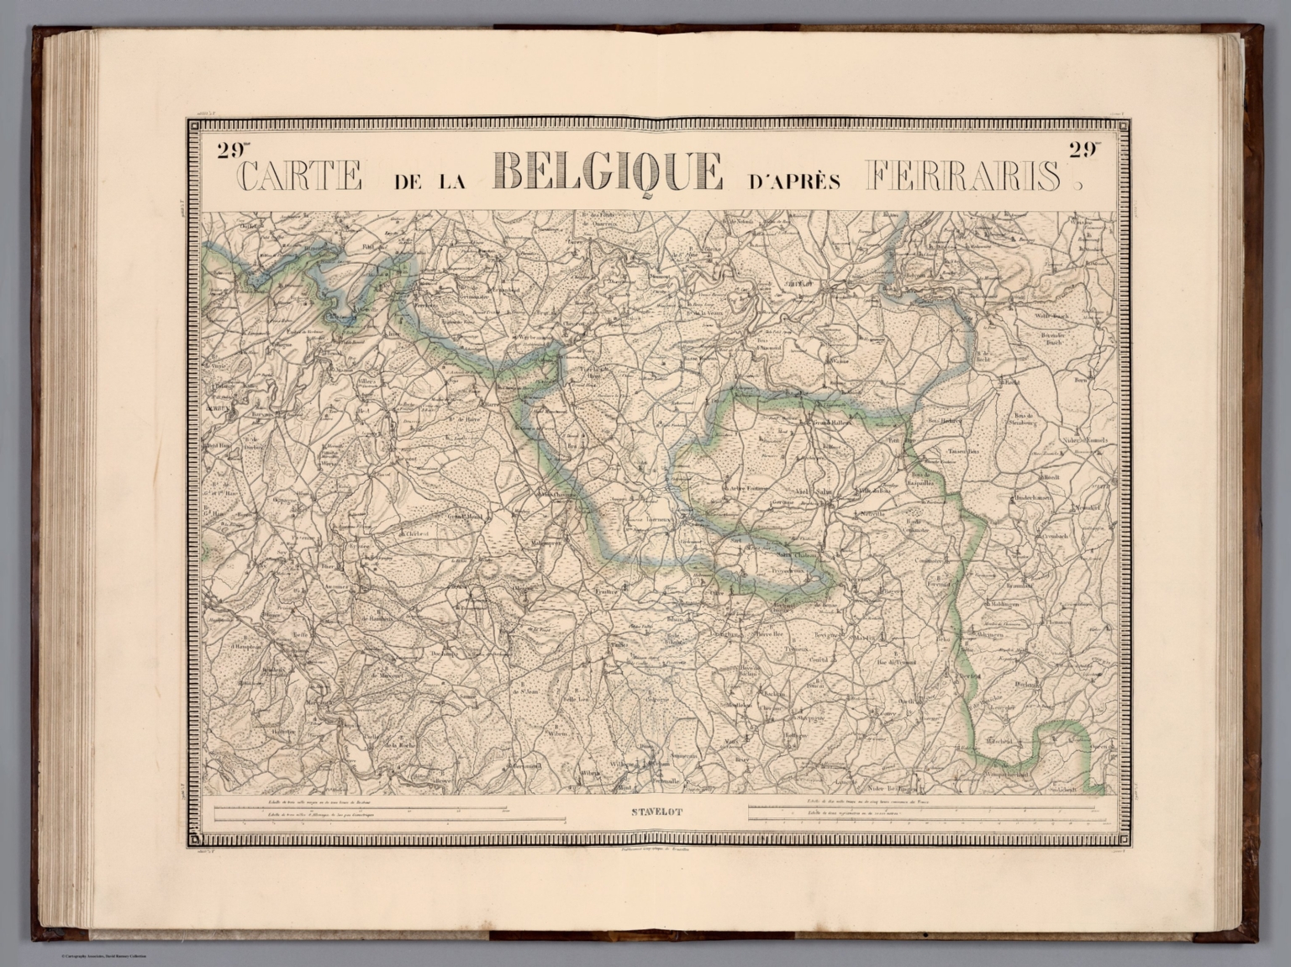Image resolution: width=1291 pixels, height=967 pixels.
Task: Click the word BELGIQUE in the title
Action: [608, 173]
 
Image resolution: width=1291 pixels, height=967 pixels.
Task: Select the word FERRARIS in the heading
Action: [962, 176]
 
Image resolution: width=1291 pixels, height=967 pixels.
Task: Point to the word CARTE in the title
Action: [301, 176]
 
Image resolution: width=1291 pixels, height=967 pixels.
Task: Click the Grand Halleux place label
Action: [833, 423]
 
